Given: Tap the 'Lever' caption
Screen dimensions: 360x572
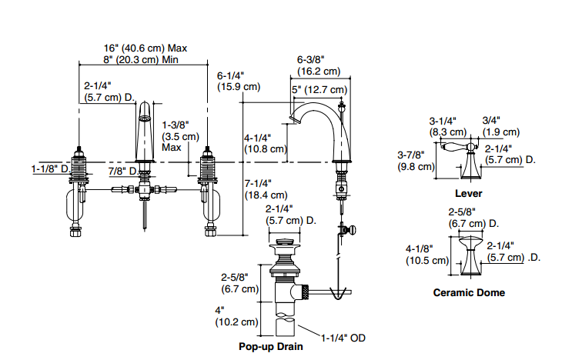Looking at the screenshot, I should coord(468,193).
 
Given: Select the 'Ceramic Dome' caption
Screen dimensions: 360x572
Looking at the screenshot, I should coord(469,292).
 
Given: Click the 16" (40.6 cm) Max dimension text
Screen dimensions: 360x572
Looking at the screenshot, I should coord(146,48).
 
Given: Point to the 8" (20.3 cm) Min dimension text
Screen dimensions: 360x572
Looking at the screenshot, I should coord(141,60).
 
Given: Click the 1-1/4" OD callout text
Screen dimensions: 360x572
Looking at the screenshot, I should coord(342,336).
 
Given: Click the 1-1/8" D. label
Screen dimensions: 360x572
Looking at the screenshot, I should coord(50,168).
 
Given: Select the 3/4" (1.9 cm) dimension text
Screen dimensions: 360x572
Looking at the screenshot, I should coord(500,126).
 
